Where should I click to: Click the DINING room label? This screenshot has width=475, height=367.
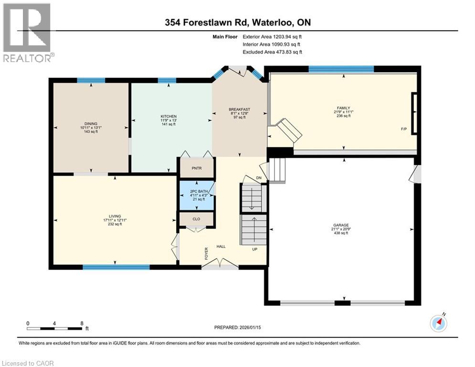click(91, 124)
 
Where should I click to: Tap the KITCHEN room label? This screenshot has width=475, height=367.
click(169, 117)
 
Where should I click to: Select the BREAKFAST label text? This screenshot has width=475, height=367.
click(239, 110)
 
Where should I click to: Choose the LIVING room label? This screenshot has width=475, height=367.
click(115, 216)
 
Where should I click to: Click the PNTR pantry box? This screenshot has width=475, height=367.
click(196, 168)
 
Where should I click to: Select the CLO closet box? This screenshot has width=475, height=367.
click(196, 220)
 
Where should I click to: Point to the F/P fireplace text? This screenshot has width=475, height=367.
click(404, 130)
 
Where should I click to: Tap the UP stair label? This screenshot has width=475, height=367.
click(255, 249)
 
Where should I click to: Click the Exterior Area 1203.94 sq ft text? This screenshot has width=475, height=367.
click(272, 36)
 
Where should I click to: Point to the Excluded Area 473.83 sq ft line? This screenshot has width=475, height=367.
click(272, 52)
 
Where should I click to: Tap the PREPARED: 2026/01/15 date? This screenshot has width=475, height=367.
click(237, 328)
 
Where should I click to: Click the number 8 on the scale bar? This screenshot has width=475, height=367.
click(82, 324)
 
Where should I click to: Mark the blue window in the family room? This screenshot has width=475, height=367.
click(341, 68)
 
